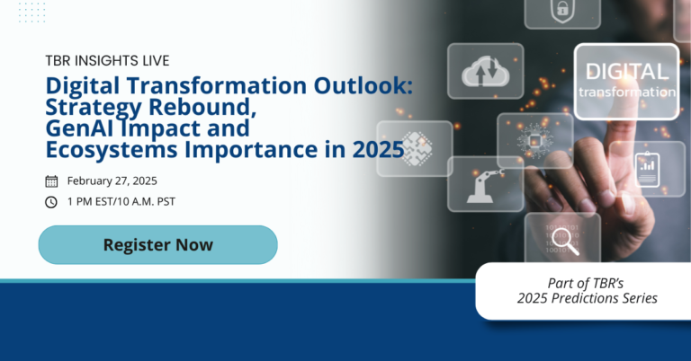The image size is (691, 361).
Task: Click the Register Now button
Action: tap(157, 244)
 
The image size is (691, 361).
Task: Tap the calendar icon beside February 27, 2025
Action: tap(51, 180)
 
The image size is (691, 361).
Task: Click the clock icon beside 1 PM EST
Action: tap(51, 201)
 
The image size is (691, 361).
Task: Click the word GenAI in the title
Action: tap(85, 128)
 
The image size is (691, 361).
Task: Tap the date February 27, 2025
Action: tap(118, 180)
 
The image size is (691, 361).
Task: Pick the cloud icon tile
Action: tap(485, 70)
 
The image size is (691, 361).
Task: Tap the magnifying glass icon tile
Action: tap(562, 240)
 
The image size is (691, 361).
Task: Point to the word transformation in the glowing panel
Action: tap(626, 92)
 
